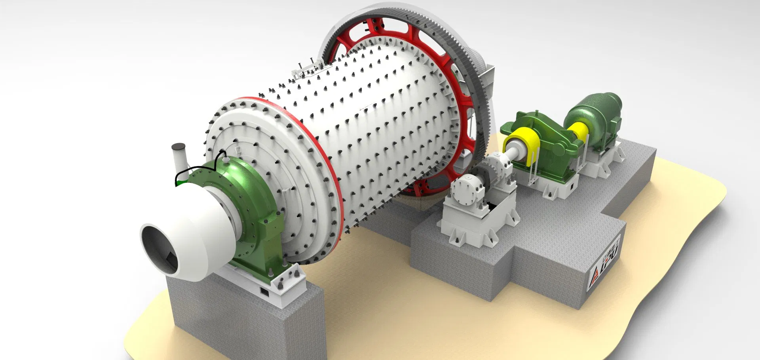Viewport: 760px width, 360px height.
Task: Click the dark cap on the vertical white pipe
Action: pyautogui.click(x=178, y=146)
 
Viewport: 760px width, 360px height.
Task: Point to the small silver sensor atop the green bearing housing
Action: pyautogui.click(x=226, y=159)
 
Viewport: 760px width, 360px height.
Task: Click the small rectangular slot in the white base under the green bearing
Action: pyautogui.click(x=264, y=292)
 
